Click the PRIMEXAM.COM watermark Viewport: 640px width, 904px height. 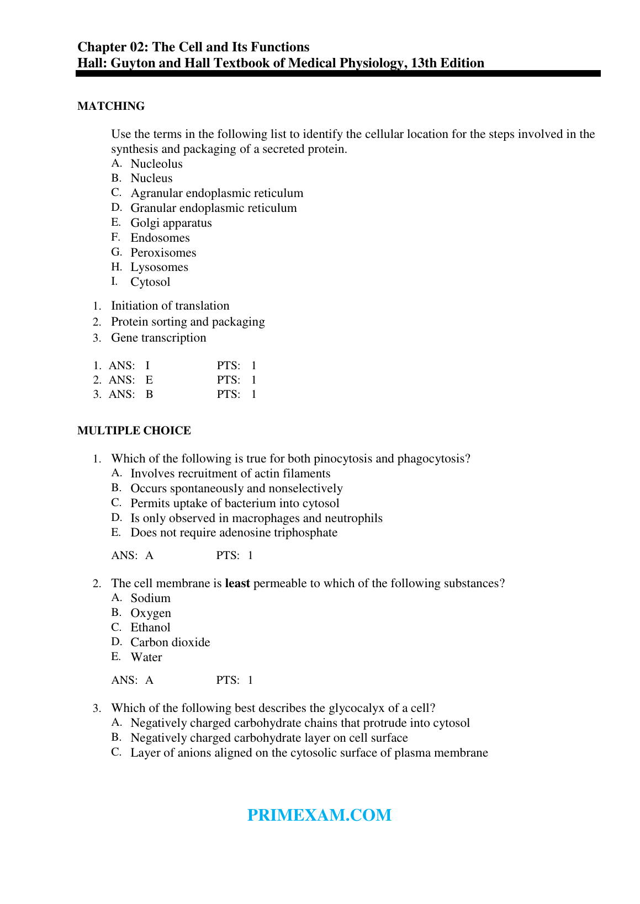pyautogui.click(x=319, y=815)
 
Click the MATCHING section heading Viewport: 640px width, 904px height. pyautogui.click(x=111, y=106)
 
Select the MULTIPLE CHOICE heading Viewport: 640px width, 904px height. pyautogui.click(x=134, y=430)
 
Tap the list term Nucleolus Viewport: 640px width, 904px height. pyautogui.click(x=156, y=164)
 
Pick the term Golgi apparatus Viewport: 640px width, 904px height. pyautogui.click(x=171, y=223)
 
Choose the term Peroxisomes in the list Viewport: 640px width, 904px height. pyautogui.click(x=163, y=253)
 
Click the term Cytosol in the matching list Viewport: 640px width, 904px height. pyautogui.click(x=150, y=282)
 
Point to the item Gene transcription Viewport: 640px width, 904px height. pyautogui.click(x=158, y=338)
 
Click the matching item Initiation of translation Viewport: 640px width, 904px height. pyautogui.click(x=170, y=306)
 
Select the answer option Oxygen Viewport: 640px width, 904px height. pyautogui.click(x=151, y=613)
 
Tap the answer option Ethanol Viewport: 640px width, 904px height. pyautogui.click(x=150, y=628)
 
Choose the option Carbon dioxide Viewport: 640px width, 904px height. pyautogui.click(x=170, y=642)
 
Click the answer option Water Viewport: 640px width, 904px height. pyautogui.click(x=146, y=657)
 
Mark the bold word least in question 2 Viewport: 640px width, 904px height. pyautogui.click(x=237, y=583)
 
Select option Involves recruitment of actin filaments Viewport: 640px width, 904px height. pyautogui.click(x=230, y=474)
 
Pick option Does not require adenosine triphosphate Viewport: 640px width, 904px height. pyautogui.click(x=234, y=533)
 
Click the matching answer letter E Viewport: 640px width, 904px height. pyautogui.click(x=149, y=380)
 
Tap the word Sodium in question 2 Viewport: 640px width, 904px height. pyautogui.click(x=150, y=598)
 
